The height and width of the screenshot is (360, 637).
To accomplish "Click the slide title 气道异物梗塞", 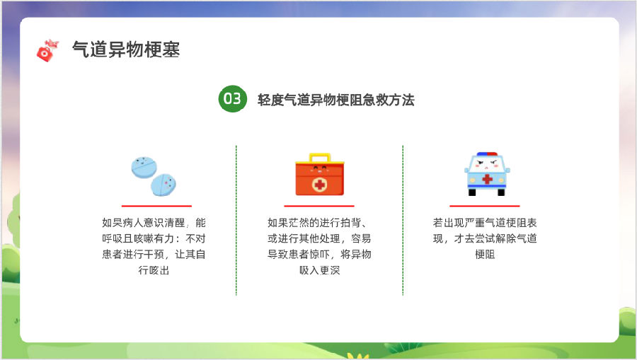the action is click(126, 50).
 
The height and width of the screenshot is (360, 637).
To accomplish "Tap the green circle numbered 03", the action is click(232, 98).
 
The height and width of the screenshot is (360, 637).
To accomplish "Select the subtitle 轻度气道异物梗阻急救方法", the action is click(336, 100).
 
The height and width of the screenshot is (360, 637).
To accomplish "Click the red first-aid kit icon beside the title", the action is click(47, 51).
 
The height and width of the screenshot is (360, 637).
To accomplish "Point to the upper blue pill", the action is click(144, 167).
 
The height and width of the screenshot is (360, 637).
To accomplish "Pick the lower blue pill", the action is click(163, 185).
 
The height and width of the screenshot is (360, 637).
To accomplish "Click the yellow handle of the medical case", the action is click(320, 158).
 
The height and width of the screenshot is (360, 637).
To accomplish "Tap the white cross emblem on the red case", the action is click(320, 185).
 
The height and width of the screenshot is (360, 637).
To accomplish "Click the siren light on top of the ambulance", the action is click(487, 154).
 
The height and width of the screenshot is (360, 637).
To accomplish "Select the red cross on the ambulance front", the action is click(487, 178).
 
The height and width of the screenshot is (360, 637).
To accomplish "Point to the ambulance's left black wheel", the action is click(472, 192).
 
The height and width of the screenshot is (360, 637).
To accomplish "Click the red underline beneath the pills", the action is click(156, 206).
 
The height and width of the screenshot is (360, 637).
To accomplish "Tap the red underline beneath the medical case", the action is click(319, 206).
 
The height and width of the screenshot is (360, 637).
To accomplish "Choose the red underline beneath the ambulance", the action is click(485, 206).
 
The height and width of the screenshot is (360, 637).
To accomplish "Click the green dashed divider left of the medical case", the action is click(236, 220).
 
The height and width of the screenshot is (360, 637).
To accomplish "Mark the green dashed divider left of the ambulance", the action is click(403, 220).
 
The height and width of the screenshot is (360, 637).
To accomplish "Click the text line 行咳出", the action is click(154, 270).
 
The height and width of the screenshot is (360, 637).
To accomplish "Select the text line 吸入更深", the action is click(319, 270).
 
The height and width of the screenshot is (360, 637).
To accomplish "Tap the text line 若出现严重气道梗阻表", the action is click(485, 223).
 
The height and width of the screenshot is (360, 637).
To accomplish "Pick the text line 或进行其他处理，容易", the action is click(319, 238).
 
